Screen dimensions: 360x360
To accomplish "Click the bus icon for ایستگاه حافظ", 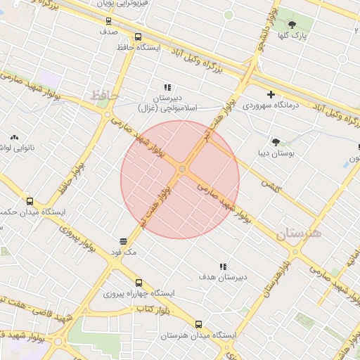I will point(137,37).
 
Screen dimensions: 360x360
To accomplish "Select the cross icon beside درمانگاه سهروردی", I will point(271,94).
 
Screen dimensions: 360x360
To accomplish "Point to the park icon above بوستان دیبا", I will point(275,141).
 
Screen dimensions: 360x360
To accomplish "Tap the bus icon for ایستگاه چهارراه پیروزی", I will point(138,282).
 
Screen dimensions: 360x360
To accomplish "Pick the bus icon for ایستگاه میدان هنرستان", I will point(198,324).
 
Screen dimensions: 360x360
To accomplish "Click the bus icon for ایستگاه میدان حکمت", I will point(29,200).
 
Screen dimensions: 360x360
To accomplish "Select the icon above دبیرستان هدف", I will point(223,266).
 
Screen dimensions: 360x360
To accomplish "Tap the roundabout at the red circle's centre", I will point(182,169).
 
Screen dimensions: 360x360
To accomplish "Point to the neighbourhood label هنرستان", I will point(298,233).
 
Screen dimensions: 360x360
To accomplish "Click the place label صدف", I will point(108,32).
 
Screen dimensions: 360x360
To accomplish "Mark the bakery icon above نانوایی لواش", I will point(13,138).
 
